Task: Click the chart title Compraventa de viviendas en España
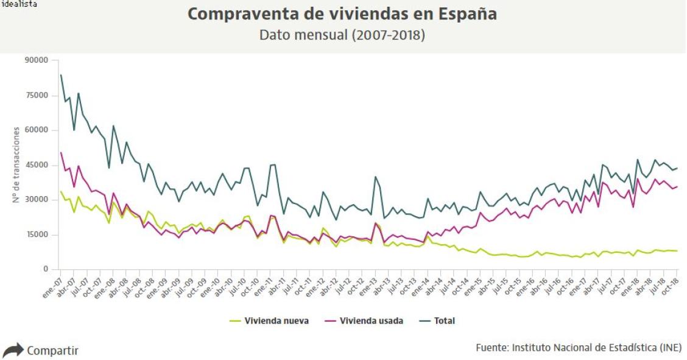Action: (342, 14)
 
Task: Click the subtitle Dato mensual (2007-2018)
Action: (342, 35)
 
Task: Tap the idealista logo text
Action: (18, 4)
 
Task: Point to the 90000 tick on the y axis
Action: (37, 60)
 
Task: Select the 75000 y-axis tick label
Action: (37, 96)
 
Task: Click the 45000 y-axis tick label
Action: (37, 165)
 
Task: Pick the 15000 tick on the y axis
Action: (37, 235)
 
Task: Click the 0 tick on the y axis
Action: (44, 269)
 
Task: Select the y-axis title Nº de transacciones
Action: (16, 164)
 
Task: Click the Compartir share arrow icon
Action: (12, 351)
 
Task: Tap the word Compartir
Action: (52, 351)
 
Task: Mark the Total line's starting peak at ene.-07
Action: (60, 75)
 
